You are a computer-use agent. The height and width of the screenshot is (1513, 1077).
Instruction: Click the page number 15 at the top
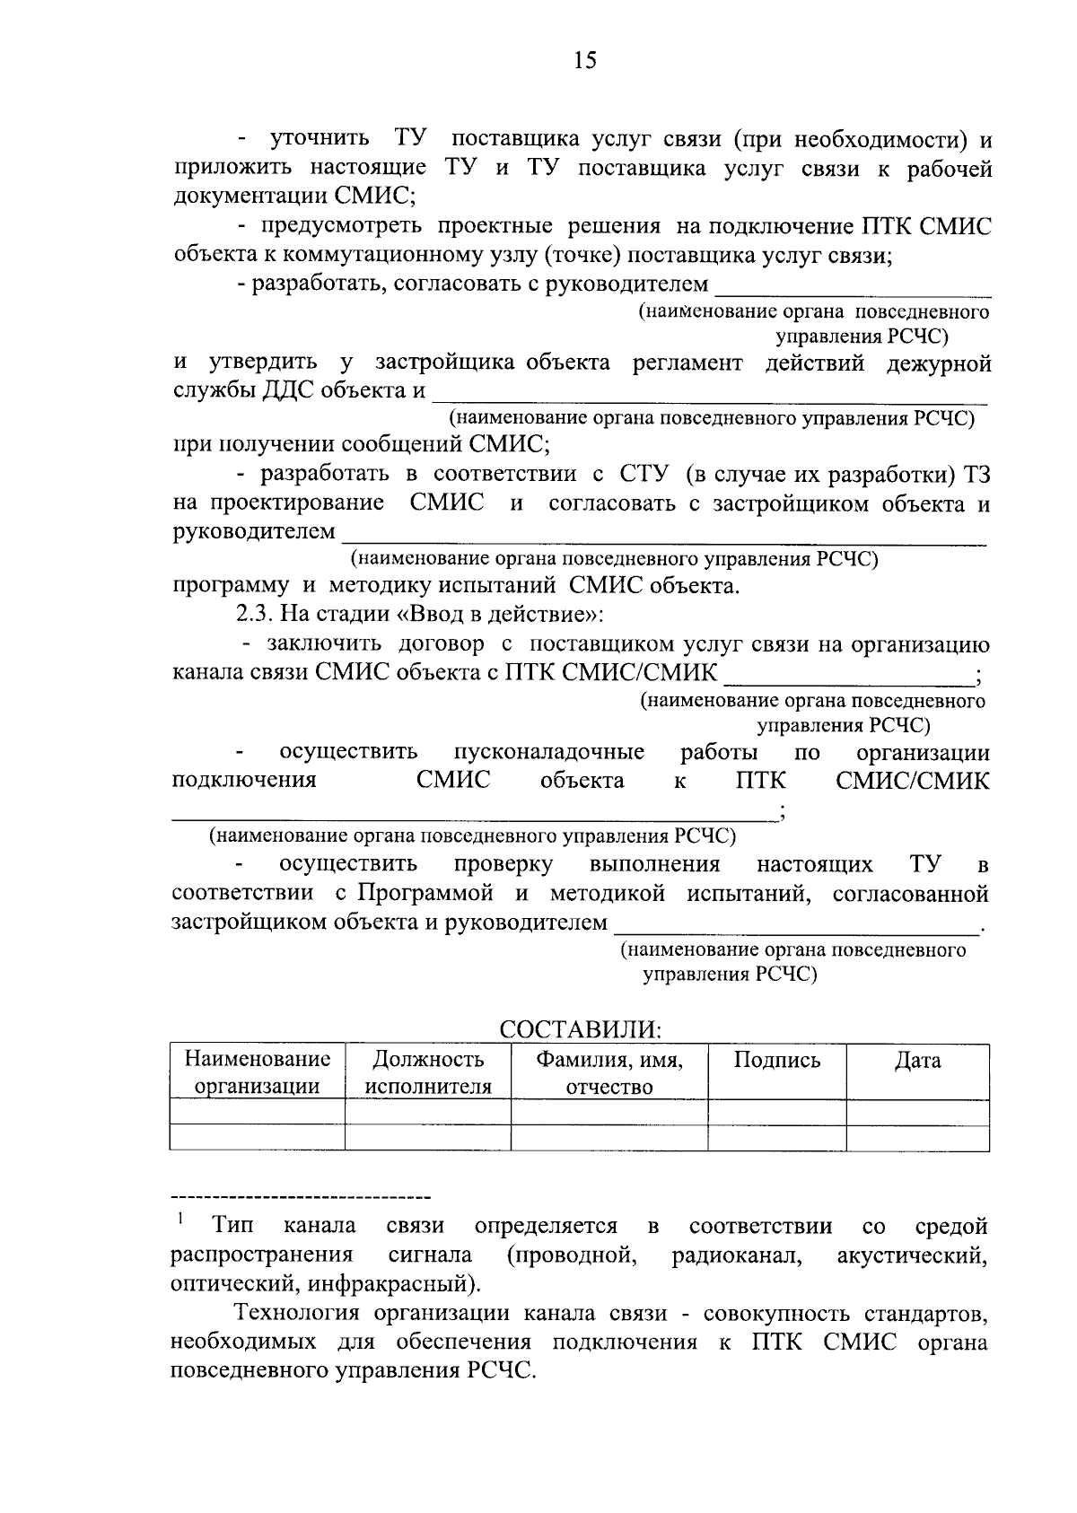coord(583,61)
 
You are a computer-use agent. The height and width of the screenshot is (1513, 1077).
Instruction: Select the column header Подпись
coord(776,1061)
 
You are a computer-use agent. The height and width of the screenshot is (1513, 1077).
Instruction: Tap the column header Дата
coord(917,1061)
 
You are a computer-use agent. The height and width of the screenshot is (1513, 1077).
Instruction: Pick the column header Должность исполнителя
coord(428,1073)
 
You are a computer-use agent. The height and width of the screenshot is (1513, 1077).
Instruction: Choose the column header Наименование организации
coord(258,1073)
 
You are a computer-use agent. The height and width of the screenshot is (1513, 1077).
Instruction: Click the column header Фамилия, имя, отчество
coord(609,1073)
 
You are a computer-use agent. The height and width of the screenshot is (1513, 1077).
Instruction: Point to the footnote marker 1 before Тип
coord(180,1219)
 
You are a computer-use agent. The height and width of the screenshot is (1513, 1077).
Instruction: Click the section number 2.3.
coord(255,616)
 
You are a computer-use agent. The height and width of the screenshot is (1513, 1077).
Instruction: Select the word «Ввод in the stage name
coord(435,616)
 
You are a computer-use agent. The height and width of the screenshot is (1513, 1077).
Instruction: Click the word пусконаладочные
coord(548,752)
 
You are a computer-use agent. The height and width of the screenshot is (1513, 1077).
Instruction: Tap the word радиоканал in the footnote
coord(737,1255)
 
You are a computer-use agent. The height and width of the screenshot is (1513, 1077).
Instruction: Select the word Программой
coord(425,894)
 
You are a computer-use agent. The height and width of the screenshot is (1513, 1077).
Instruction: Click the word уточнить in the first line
coord(320,139)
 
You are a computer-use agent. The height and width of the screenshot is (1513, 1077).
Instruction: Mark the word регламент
coord(687,363)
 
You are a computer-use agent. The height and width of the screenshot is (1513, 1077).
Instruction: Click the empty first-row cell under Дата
coord(917,1112)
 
